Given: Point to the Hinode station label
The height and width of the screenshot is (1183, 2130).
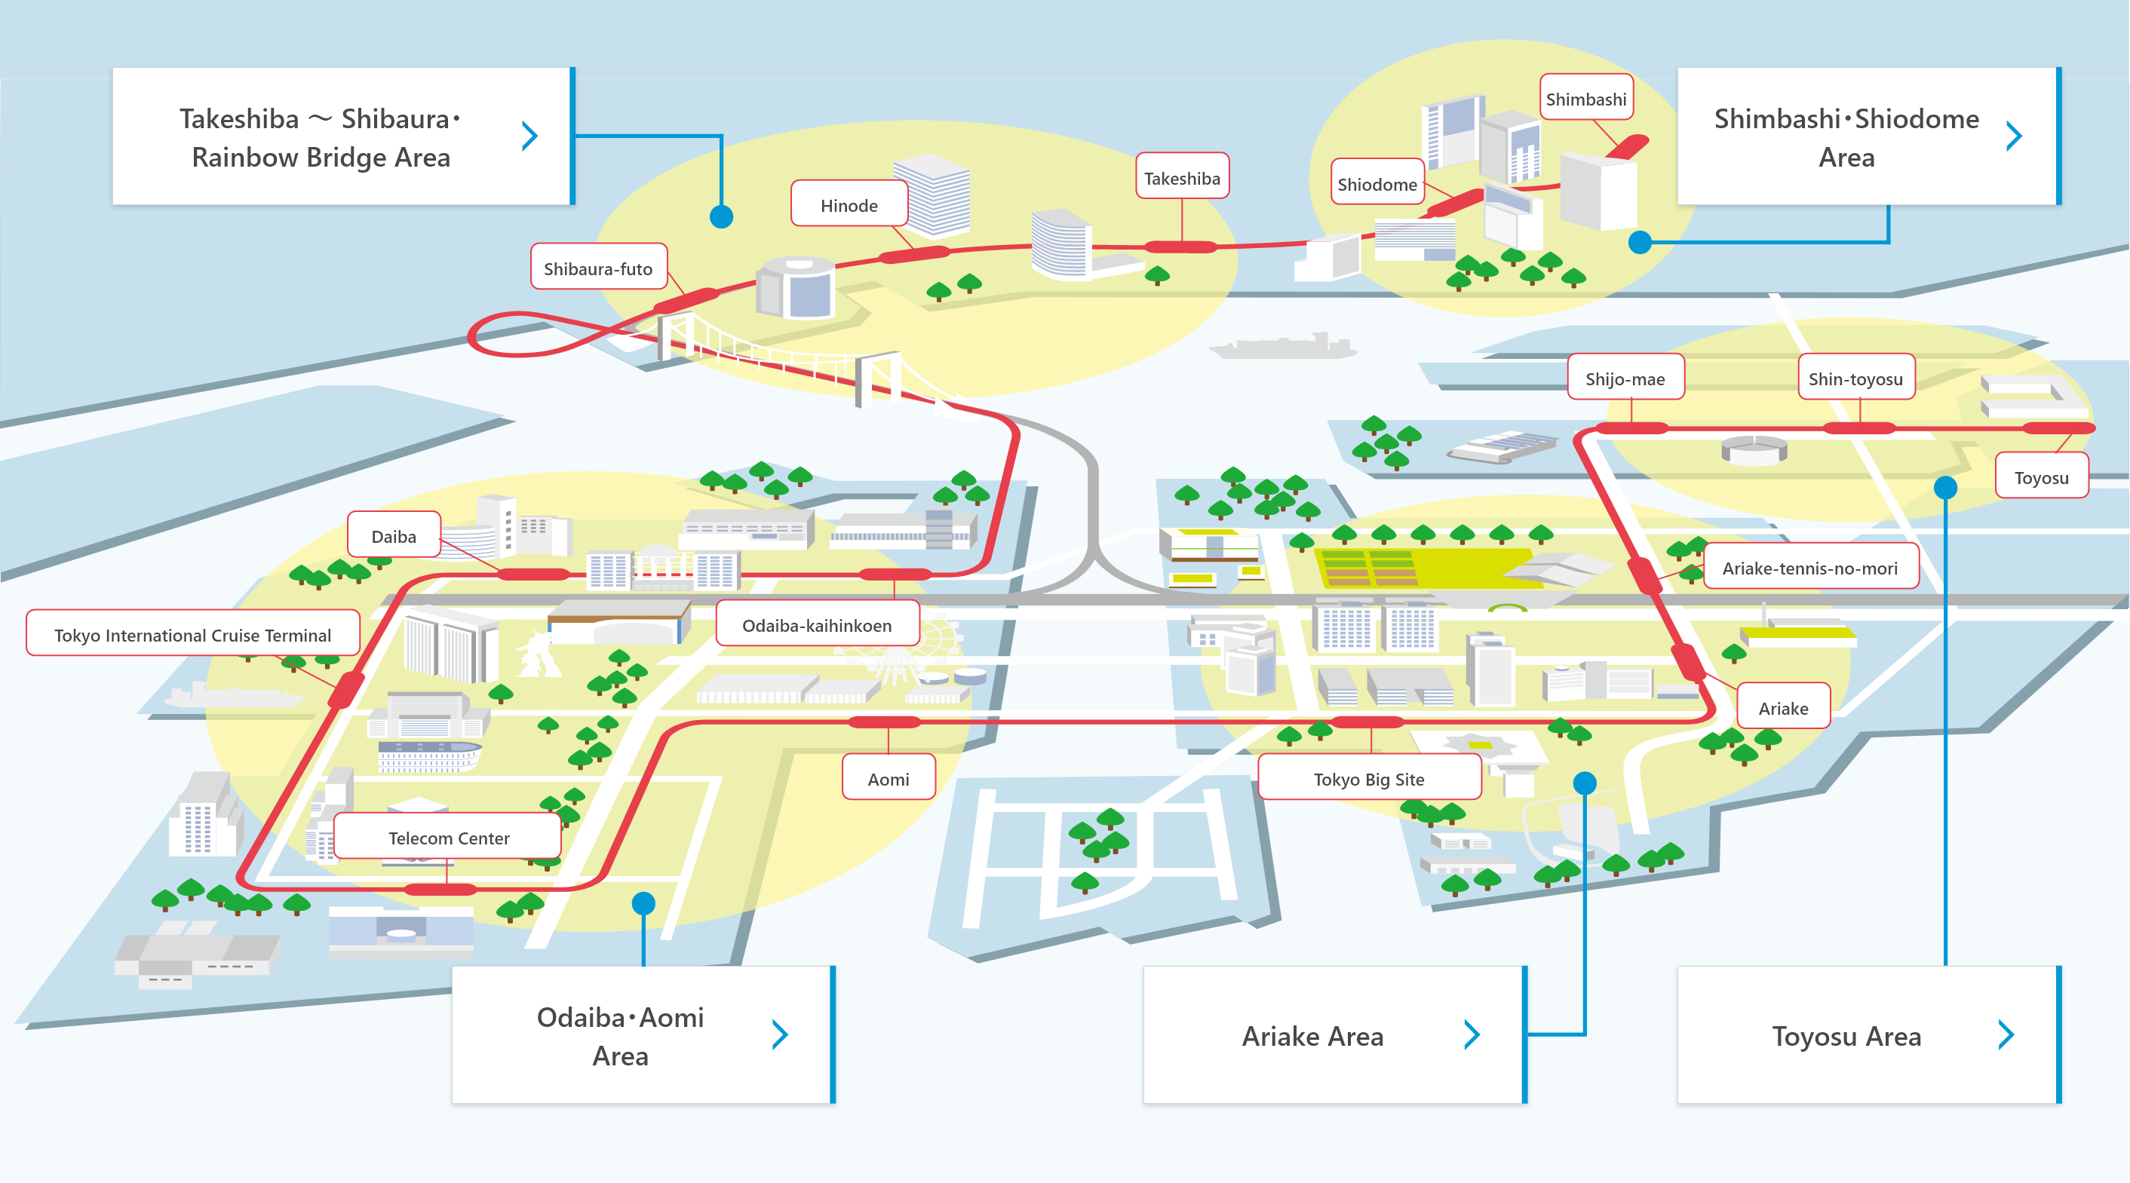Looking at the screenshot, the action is [x=849, y=204].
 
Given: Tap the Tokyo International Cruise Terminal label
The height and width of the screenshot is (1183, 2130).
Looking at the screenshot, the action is [x=192, y=634].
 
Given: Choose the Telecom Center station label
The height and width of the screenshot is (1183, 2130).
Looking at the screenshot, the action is [x=448, y=838].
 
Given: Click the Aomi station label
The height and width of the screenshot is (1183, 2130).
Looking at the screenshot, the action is [x=889, y=778].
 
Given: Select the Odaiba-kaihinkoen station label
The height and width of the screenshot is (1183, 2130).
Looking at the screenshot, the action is [x=817, y=624].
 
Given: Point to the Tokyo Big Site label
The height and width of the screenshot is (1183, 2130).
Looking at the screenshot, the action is [x=1369, y=778].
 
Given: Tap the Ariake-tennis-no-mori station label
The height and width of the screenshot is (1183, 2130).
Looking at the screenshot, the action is [x=1811, y=567].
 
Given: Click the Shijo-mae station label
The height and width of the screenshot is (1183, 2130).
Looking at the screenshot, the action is [x=1625, y=378].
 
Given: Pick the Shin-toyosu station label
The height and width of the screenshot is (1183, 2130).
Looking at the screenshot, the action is [x=1856, y=378].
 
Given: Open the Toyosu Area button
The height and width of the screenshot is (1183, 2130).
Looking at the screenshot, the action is [x=1870, y=1034].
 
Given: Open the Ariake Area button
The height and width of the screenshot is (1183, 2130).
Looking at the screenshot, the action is [x=1335, y=1034].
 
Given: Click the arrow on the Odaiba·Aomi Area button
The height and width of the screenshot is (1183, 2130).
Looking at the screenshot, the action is [x=780, y=1034].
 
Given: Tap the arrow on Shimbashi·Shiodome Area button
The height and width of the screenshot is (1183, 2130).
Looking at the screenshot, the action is [x=2015, y=136].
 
